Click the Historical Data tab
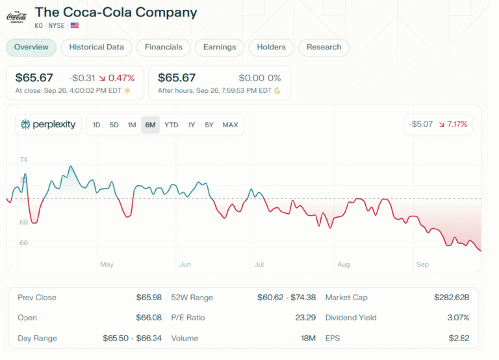point(96,47)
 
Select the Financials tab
point(164,47)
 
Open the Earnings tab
point(220,47)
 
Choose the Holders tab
point(271,47)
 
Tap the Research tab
point(324,47)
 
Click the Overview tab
point(31,47)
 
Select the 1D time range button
point(96,125)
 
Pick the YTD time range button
point(172,125)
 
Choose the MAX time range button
point(230,125)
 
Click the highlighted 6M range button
point(150,125)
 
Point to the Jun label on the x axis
point(185,264)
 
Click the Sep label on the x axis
point(422,264)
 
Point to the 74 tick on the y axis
point(23,160)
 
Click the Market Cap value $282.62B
point(452,298)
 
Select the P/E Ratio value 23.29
point(305,318)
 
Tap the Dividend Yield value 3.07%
point(457,318)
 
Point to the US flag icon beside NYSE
point(75,25)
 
